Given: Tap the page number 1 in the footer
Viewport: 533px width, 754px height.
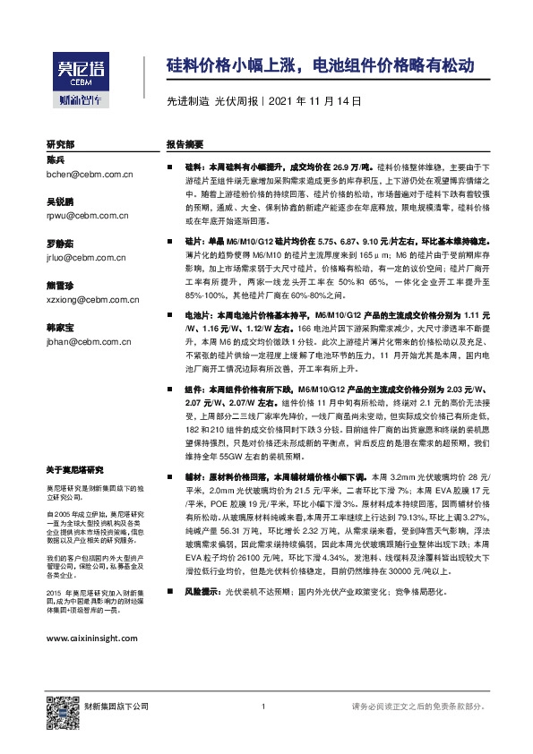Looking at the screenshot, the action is pyautogui.click(x=263, y=707).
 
